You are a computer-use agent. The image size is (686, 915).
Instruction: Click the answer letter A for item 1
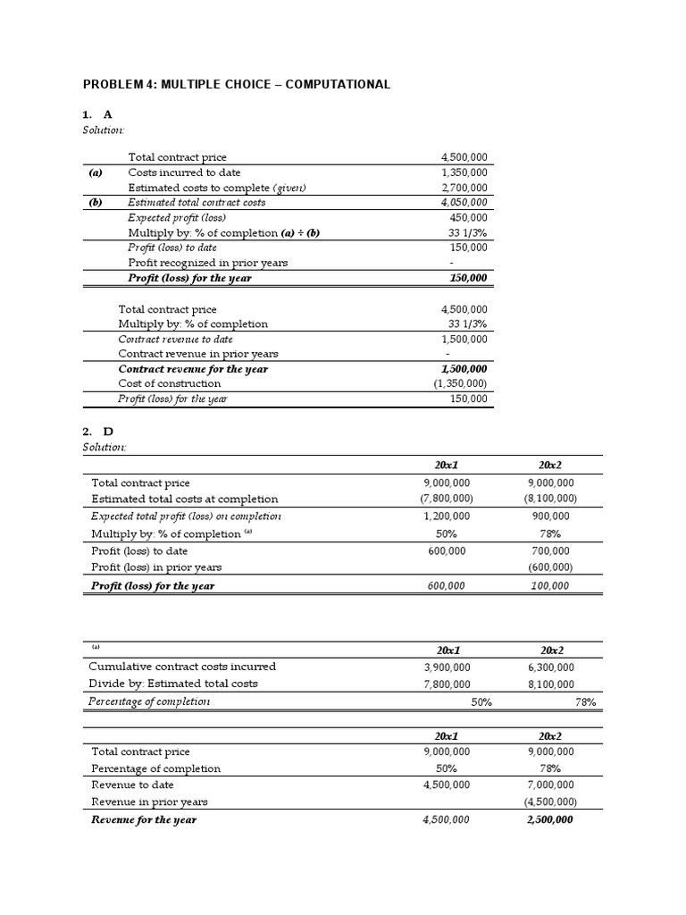108,114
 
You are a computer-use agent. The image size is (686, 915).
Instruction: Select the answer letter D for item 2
109,432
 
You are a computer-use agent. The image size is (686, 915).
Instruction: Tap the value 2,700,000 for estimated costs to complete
464,188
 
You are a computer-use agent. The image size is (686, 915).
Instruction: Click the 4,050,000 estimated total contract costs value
464,203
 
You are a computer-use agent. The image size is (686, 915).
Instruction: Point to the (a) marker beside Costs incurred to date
96,172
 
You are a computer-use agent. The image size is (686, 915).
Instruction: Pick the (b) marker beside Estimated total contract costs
96,203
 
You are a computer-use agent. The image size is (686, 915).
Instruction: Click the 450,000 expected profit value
470,218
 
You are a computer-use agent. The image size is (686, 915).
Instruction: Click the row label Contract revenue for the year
193,368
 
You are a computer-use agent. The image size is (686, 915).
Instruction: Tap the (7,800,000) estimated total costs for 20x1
446,499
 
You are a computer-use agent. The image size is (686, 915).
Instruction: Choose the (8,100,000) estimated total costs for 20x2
549,499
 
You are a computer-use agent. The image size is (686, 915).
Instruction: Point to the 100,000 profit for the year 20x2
554,586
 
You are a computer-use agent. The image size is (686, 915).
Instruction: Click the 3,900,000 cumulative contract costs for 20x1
447,667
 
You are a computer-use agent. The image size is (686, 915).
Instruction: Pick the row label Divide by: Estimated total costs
173,684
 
